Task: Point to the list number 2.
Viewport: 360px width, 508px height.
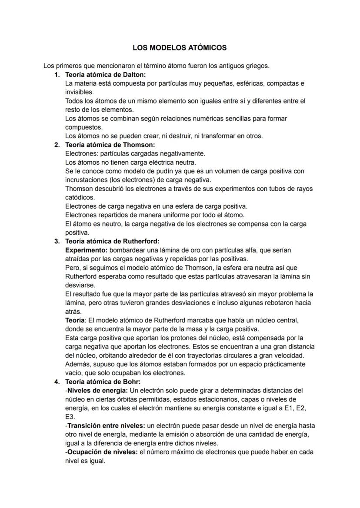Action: tap(57, 145)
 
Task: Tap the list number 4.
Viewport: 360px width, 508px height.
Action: tap(57, 382)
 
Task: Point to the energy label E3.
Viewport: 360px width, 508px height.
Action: tap(70, 417)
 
